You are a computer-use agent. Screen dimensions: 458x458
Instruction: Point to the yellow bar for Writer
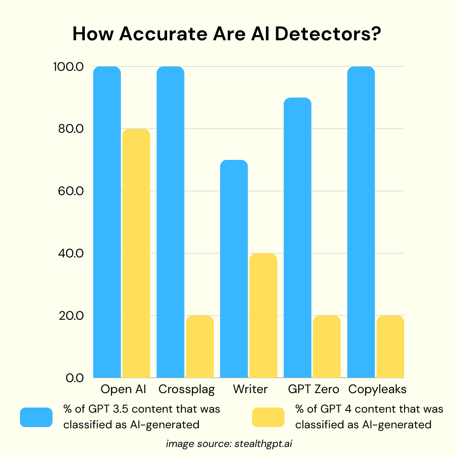point(263,316)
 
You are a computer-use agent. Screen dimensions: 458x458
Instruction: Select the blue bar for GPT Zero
point(297,237)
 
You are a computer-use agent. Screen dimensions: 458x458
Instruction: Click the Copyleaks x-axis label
point(377,389)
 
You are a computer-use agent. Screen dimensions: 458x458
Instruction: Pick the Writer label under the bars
point(250,389)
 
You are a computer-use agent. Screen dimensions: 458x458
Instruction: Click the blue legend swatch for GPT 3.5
point(36,417)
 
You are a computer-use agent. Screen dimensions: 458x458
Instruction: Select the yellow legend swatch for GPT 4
point(268,417)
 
